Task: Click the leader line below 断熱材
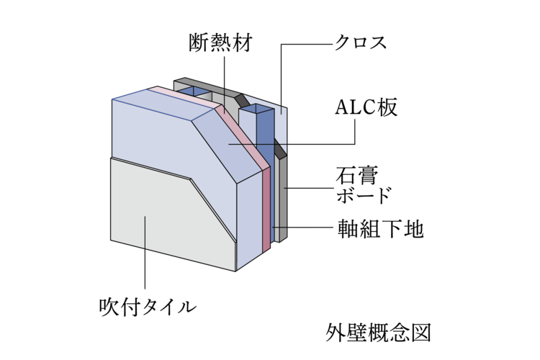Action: click(x=226, y=79)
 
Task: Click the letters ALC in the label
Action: click(x=356, y=109)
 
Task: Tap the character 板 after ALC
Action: click(x=390, y=109)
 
